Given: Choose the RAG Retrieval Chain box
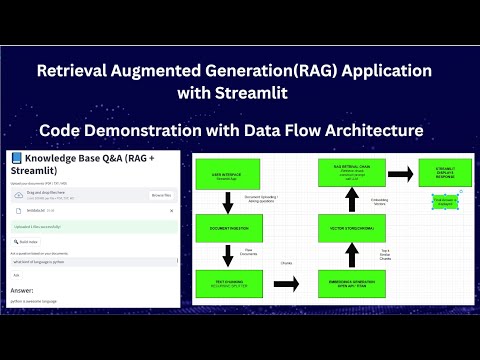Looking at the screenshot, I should pos(345,174).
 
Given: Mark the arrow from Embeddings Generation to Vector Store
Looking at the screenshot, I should pos(345,256).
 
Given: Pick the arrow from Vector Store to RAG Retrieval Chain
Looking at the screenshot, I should pos(345,201).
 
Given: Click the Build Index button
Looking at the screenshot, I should pos(27,241).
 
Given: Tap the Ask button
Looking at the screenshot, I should pos(18,273).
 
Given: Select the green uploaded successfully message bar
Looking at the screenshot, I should pos(90,227).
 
